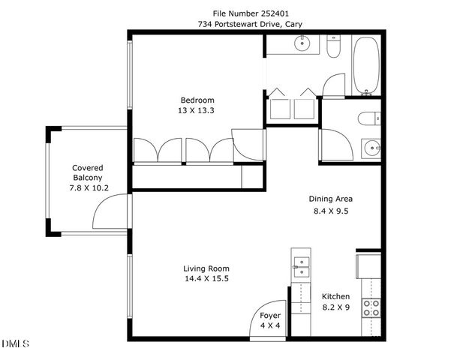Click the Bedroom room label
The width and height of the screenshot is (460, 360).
tap(197, 100)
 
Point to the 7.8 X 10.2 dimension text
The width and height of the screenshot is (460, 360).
tap(87, 187)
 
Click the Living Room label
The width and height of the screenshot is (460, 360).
tap(206, 268)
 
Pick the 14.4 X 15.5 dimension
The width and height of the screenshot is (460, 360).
tap(206, 279)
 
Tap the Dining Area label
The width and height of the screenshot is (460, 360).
tap(331, 199)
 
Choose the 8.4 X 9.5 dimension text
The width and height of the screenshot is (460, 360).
tap(331, 211)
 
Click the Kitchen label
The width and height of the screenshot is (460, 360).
tap(336, 296)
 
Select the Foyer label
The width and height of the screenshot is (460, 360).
tap(270, 316)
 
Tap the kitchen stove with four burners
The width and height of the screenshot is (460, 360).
tap(371, 307)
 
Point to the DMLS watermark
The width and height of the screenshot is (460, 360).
tap(16, 343)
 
